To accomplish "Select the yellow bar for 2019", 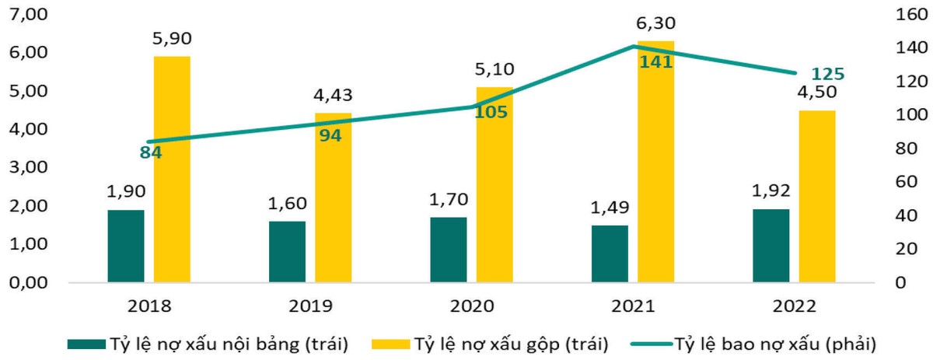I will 333,210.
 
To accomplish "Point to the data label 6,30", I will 655,26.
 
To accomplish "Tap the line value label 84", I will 151,152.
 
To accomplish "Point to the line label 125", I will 827,74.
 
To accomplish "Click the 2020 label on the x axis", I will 472,306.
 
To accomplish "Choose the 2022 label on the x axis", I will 795,306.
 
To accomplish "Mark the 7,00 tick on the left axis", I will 27,15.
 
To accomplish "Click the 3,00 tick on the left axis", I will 27,167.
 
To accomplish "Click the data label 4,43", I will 333,96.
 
